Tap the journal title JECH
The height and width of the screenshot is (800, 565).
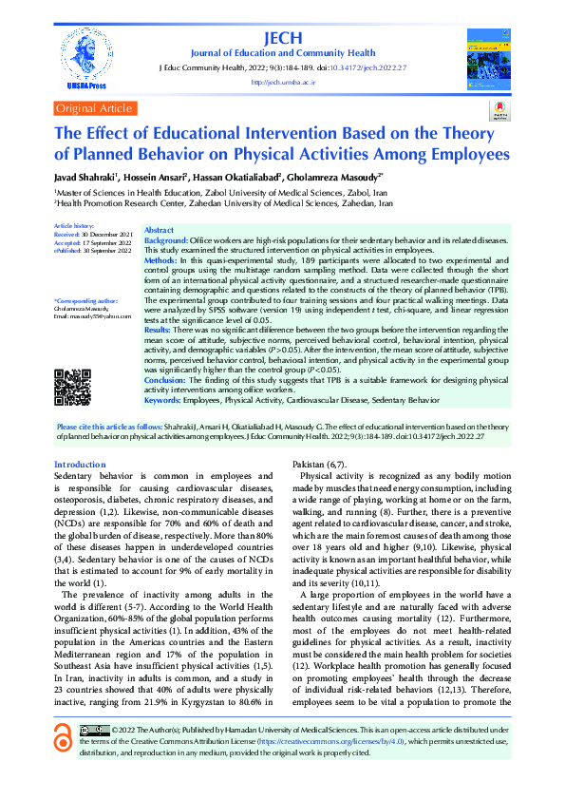point(284,37)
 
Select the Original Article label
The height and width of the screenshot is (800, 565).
point(94,108)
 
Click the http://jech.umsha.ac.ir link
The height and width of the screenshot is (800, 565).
point(283,83)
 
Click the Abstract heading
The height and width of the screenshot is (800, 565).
point(160,231)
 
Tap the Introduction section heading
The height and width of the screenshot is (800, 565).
point(80,463)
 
